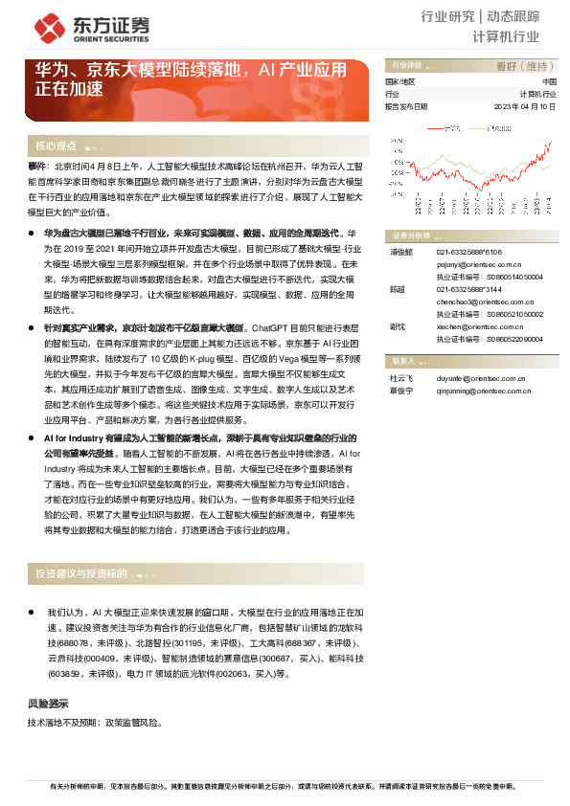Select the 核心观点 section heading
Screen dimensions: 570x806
coord(56,146)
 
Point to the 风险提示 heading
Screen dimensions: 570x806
coord(48,705)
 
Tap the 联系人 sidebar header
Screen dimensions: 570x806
coord(402,361)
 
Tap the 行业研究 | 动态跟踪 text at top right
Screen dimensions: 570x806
coord(492,16)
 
